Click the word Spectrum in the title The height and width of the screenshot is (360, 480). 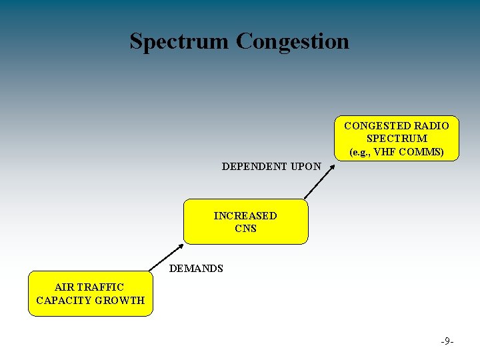tap(179, 41)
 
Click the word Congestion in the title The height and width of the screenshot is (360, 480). tap(292, 41)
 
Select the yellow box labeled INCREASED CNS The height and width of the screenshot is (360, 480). tap(245, 222)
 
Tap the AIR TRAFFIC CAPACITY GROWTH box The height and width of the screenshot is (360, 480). tap(90, 293)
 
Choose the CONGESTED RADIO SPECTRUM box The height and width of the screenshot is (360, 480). tap(396, 139)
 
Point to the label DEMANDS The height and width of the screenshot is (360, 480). tap(196, 269)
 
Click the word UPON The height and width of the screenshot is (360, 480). tap(305, 167)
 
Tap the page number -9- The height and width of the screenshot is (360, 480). tap(447, 341)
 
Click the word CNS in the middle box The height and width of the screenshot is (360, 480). tap(245, 229)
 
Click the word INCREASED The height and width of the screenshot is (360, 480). tap(245, 216)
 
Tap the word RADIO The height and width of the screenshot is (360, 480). tap(431, 126)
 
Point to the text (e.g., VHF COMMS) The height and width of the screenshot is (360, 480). tap(397, 151)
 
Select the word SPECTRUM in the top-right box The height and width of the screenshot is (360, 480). tap(397, 139)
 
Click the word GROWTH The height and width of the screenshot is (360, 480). tap(120, 300)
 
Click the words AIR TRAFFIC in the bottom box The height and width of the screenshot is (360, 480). tap(90, 287)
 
